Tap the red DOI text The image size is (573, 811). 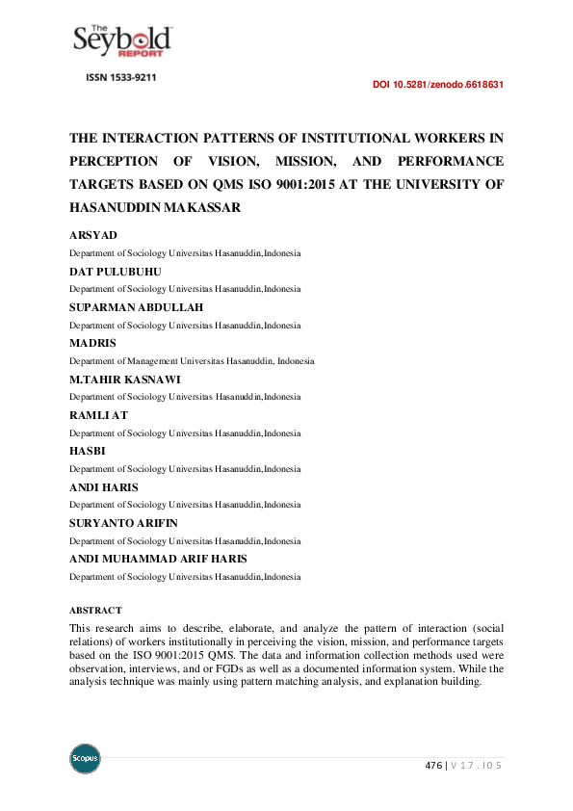438,85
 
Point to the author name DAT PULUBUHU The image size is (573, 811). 115,272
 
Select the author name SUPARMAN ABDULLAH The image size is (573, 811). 135,307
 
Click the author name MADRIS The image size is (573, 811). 91,343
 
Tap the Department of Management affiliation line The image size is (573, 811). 191,361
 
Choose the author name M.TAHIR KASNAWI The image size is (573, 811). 124,379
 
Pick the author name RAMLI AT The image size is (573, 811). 98,415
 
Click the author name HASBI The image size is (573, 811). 88,451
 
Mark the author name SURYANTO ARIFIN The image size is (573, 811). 123,523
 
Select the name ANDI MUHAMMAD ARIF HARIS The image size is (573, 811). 158,559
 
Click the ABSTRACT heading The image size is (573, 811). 95,611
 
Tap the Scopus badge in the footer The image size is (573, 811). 85,758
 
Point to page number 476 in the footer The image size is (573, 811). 434,765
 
